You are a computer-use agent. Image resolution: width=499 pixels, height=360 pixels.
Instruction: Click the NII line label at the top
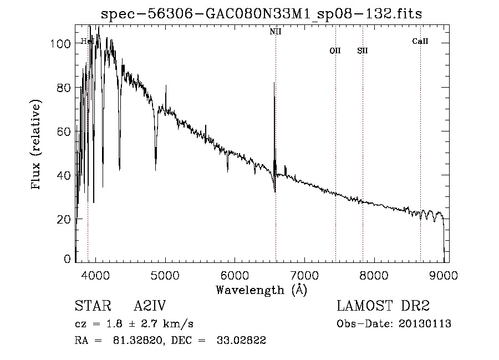(276, 32)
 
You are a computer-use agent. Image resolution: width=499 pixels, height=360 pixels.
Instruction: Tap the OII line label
(335, 50)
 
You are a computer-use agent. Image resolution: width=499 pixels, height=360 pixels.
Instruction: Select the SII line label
(363, 50)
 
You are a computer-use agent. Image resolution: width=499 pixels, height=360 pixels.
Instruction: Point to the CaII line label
(420, 41)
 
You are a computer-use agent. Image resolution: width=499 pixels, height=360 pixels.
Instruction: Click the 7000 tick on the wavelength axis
(304, 275)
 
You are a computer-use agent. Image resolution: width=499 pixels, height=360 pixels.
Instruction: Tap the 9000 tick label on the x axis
(444, 275)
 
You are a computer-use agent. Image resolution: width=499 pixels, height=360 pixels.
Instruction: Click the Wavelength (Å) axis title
(261, 290)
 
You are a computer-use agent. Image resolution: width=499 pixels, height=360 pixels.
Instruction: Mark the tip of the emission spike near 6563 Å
(274, 83)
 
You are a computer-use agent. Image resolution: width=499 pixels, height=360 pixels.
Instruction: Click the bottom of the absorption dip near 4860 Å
(156, 169)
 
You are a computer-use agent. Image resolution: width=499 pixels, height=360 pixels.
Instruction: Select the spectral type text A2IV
(150, 306)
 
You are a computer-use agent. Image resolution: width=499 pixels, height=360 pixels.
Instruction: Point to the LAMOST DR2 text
(383, 306)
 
